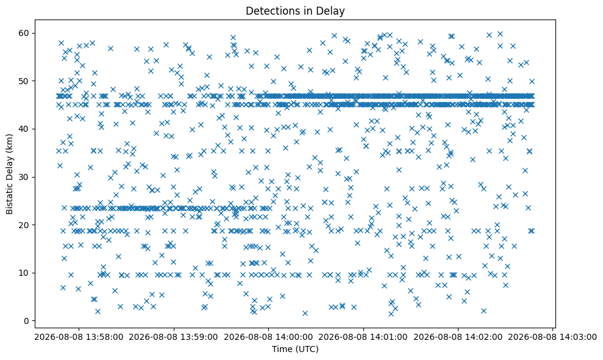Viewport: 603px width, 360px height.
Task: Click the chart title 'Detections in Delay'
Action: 295,11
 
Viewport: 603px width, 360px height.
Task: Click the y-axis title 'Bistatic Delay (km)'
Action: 10,174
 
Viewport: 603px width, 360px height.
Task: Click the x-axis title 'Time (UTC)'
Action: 295,349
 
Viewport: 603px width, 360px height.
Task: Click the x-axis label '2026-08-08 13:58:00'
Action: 79,337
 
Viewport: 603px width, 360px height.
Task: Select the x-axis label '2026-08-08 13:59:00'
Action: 173,337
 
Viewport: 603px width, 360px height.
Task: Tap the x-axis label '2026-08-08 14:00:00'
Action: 268,337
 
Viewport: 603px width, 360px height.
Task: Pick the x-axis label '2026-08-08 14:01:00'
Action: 363,337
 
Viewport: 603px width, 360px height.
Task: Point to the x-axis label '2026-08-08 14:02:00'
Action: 458,337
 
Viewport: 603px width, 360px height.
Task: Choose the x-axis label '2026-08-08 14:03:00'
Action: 552,337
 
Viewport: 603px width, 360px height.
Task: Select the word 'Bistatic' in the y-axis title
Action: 10,199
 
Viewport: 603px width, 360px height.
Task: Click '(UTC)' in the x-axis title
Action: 306,350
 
